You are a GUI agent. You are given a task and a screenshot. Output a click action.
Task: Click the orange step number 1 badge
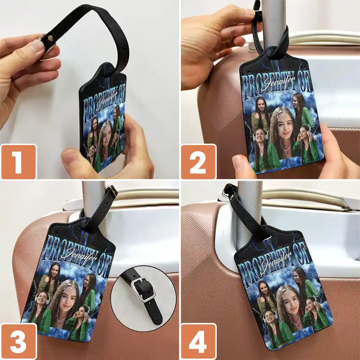point(18,162)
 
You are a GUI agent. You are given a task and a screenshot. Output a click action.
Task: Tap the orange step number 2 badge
point(198,162)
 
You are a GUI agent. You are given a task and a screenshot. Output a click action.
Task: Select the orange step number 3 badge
point(18,342)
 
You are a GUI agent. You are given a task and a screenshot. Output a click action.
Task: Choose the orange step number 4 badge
point(198,342)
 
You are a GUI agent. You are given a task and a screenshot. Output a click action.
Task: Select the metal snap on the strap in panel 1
point(48,41)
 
